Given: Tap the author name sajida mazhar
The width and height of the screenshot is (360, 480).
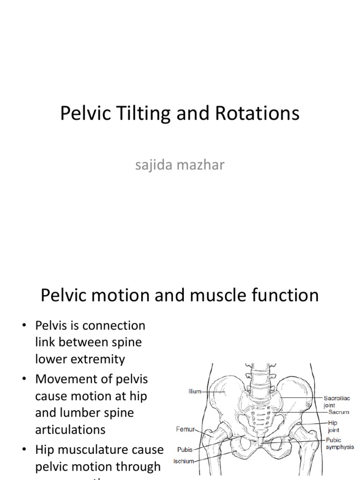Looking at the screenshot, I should coord(180,165).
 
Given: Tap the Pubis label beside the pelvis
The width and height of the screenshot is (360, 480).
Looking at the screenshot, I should coord(184,450).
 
